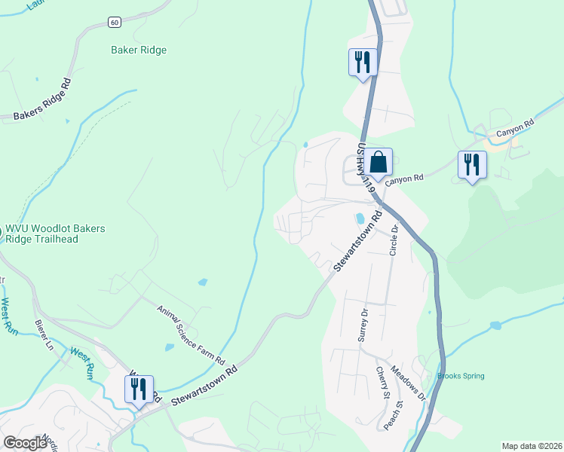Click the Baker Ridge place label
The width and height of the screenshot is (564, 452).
(x=138, y=50)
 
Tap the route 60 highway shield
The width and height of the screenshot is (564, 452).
(x=114, y=22)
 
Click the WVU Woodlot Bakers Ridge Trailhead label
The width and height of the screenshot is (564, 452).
(x=55, y=234)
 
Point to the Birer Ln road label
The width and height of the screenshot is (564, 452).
(x=44, y=335)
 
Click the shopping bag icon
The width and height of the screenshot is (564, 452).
(x=380, y=162)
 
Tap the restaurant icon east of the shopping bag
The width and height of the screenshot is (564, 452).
(x=472, y=163)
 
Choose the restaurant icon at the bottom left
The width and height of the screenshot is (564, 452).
(x=139, y=389)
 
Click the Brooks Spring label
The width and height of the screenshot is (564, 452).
(x=461, y=376)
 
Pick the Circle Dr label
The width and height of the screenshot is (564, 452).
(x=393, y=239)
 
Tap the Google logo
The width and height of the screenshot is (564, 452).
(x=25, y=443)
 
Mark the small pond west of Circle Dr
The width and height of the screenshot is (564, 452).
(x=360, y=219)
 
